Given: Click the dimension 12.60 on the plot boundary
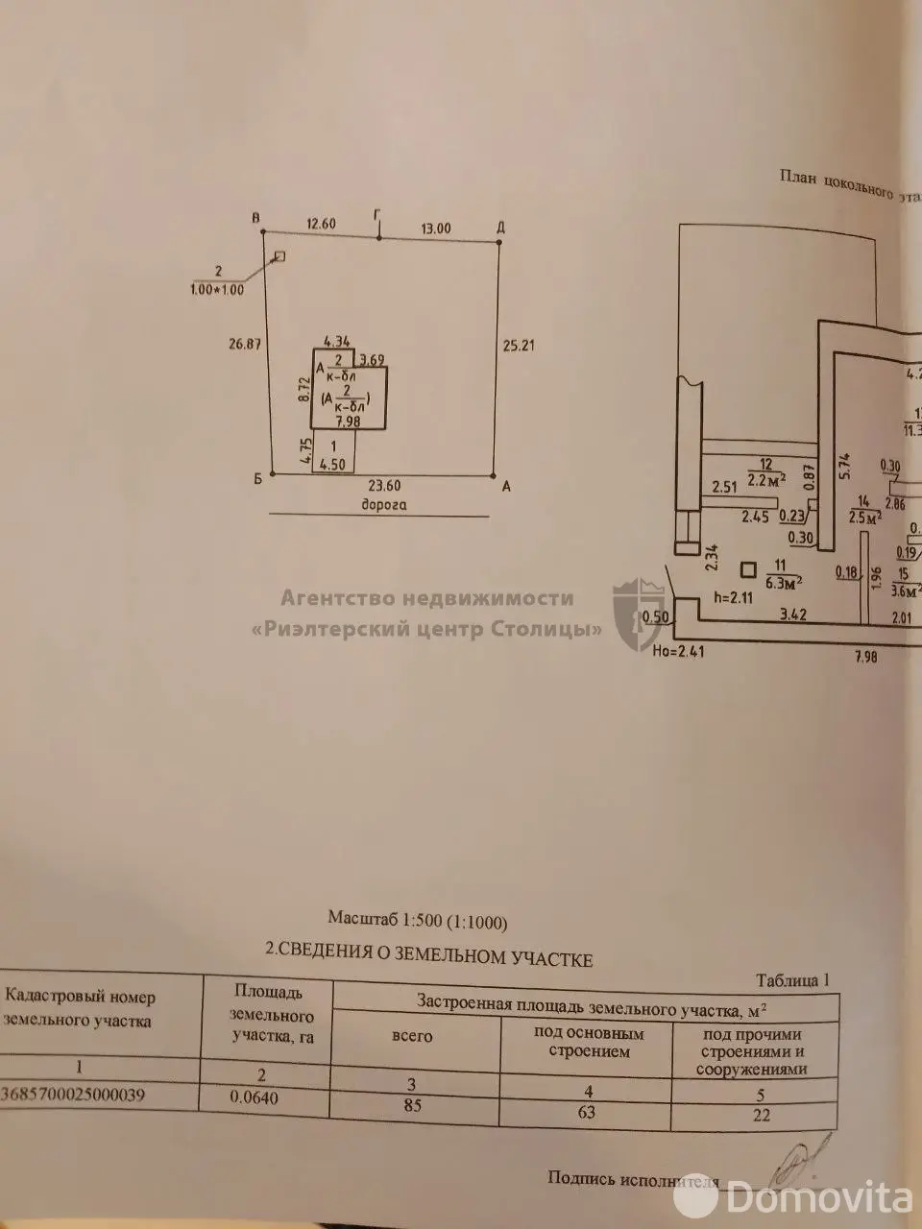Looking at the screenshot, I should [321, 224].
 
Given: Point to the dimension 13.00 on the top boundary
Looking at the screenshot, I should [435, 229].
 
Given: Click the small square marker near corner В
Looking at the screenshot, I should [279, 256].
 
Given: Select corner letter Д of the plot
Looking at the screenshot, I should [501, 228].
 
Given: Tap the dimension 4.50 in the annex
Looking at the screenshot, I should [332, 466].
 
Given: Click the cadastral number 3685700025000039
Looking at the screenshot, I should [73, 1095].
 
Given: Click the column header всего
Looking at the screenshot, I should [413, 1036].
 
